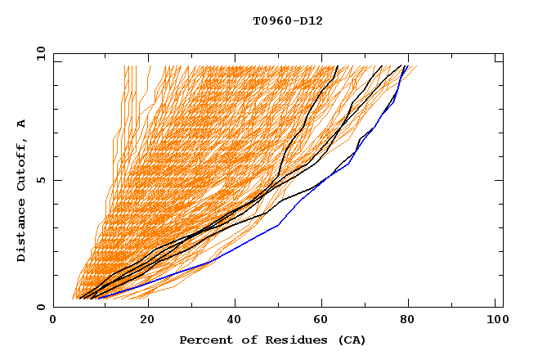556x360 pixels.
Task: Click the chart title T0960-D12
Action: click(288, 21)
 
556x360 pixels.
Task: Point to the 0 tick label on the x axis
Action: click(53, 322)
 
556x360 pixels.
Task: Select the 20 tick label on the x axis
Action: click(148, 322)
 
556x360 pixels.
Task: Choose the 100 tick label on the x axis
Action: click(495, 322)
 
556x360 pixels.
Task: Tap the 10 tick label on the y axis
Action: click(39, 54)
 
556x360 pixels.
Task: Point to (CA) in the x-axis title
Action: click(351, 340)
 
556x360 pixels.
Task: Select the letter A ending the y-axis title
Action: click(22, 124)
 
